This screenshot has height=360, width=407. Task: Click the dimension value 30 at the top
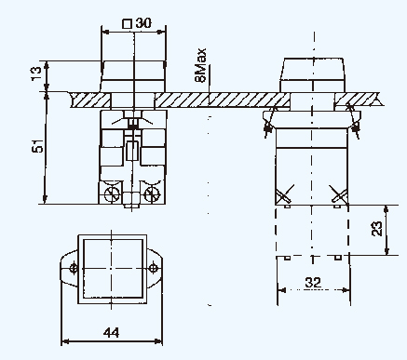click(x=143, y=23)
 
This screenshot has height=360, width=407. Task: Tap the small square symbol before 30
click(x=127, y=24)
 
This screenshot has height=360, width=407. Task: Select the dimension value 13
click(x=36, y=73)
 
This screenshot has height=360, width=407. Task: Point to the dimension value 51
click(x=37, y=146)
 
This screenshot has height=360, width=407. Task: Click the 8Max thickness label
click(x=200, y=65)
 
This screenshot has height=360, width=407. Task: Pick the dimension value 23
click(x=376, y=229)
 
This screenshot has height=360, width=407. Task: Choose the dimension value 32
click(x=313, y=283)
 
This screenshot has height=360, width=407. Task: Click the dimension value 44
click(x=111, y=333)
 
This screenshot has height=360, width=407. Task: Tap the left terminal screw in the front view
click(x=112, y=194)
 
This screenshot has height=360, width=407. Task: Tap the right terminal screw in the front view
click(x=152, y=194)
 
